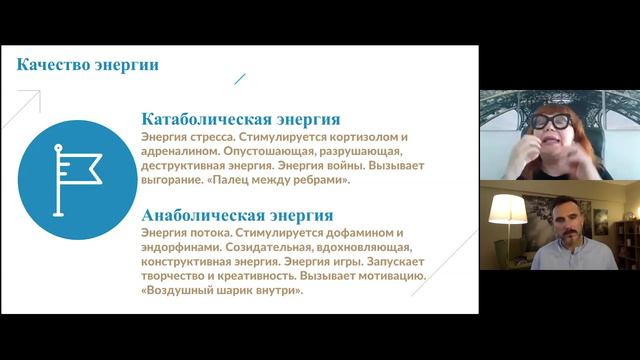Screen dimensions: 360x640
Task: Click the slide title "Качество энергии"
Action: coord(89,67)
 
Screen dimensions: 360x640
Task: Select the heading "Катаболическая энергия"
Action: coord(241,119)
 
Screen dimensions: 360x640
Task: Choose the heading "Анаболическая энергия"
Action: coord(238,215)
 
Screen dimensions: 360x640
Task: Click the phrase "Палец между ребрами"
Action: coord(289,182)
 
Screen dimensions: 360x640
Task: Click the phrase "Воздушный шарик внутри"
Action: coord(222,292)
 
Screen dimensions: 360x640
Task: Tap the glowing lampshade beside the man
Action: coord(508,208)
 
